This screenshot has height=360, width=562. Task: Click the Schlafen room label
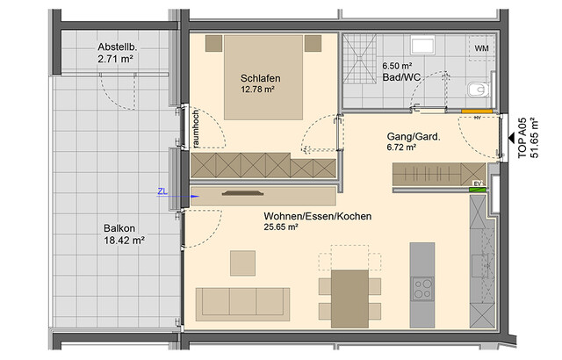pos(259,78)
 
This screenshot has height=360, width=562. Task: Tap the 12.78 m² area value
pos(259,90)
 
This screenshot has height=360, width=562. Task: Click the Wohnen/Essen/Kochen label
pos(317,215)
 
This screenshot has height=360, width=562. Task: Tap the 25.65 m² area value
pos(282,227)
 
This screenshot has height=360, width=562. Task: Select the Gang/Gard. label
pos(413,137)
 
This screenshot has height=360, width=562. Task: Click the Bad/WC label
pos(400,77)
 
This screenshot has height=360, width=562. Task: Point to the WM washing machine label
pos(481,47)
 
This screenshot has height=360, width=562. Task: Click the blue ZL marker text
pos(162,190)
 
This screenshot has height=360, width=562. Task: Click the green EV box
pos(478,184)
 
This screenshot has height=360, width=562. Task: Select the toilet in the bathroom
pos(479,88)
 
